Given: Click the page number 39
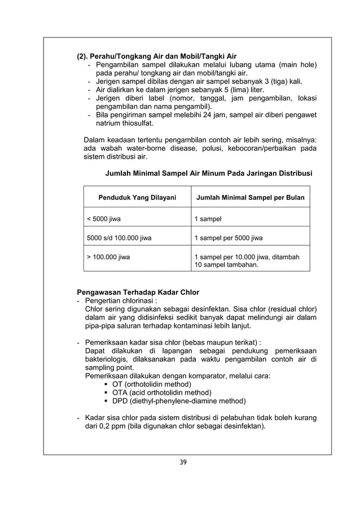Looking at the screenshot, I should pyautogui.click(x=180, y=462).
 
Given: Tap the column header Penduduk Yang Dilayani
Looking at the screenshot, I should pyautogui.click(x=137, y=198).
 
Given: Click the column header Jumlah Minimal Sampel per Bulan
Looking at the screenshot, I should pyautogui.click(x=250, y=198).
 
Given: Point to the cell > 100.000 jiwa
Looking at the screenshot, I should pyautogui.click(x=108, y=258).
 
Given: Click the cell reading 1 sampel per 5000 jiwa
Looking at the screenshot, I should pyautogui.click(x=228, y=238).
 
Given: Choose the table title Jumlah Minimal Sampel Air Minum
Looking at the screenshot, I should pyautogui.click(x=209, y=173).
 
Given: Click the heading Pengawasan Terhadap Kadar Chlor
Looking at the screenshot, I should pyautogui.click(x=138, y=292).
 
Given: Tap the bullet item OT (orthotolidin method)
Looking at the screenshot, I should pyautogui.click(x=152, y=384).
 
